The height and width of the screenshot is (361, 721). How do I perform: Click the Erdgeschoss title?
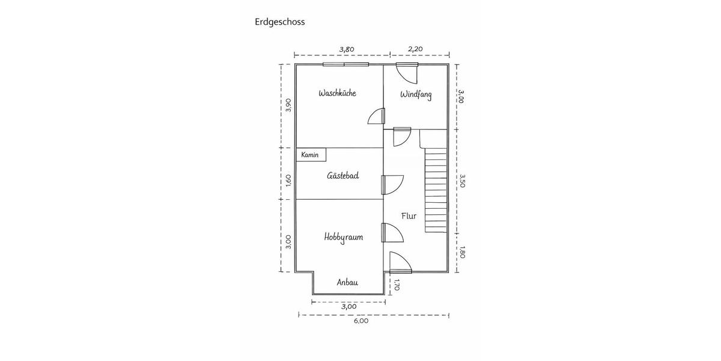tap(280, 22)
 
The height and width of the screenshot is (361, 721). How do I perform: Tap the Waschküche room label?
tap(337, 93)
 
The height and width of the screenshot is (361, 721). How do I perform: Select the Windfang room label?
tap(416, 95)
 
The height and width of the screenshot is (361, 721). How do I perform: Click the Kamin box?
tap(311, 155)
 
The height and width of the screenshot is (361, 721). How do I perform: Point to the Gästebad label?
tap(343, 175)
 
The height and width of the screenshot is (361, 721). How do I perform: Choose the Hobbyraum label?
tap(344, 237)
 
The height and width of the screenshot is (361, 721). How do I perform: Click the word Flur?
tap(409, 216)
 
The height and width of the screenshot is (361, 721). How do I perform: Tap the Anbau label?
tap(347, 282)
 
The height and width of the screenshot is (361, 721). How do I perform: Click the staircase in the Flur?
tap(436, 190)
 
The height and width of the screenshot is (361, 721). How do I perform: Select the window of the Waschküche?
tap(345, 64)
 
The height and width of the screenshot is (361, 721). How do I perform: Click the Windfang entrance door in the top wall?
tap(407, 73)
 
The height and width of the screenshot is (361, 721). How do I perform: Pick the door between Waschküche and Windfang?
tap(377, 116)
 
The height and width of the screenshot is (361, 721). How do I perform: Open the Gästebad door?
tap(392, 185)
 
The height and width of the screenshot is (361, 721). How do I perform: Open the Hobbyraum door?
tap(392, 232)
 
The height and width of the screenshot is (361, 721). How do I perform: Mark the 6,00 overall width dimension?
tap(361, 321)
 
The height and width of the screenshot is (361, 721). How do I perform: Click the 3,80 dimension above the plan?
tap(347, 49)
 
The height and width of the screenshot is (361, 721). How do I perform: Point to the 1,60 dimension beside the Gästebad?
tap(288, 180)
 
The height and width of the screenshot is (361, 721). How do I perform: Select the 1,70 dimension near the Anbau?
tap(397, 285)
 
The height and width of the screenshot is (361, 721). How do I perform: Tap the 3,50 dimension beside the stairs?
tap(462, 181)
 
